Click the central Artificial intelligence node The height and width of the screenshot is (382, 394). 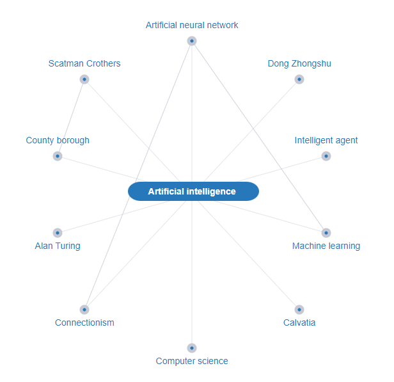[193, 191]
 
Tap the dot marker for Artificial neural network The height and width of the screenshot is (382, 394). [192, 41]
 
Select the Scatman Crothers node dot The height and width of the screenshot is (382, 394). [84, 79]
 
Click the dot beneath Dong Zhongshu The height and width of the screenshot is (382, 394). [299, 79]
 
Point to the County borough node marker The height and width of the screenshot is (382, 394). [58, 156]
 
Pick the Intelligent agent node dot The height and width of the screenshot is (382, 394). [326, 156]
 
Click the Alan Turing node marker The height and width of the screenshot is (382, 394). [58, 233]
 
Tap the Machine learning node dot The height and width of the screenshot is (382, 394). [326, 233]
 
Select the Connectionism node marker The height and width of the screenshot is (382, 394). [84, 310]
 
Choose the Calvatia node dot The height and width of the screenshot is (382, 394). [299, 310]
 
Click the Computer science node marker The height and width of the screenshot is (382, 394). [192, 348]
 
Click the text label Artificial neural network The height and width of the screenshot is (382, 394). [192, 25]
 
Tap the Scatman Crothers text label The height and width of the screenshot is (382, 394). [84, 63]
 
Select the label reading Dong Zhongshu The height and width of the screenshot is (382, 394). [299, 63]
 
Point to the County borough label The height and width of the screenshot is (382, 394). [58, 140]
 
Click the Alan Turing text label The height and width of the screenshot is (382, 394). [58, 246]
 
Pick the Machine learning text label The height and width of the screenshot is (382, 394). [326, 246]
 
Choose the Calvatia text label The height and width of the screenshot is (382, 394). [299, 322]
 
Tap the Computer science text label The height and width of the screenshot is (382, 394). [192, 361]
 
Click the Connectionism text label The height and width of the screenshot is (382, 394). [84, 322]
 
